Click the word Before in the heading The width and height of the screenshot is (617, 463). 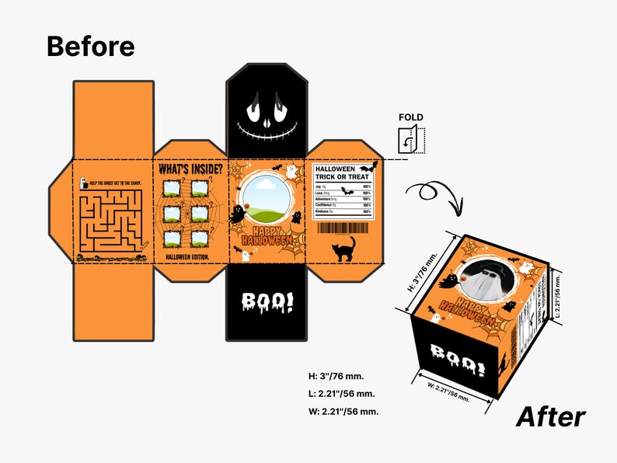90,46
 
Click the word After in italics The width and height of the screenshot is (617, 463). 550,417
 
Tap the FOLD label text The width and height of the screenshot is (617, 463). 411,118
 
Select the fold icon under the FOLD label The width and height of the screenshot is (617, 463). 410,141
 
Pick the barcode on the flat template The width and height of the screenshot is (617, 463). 343,228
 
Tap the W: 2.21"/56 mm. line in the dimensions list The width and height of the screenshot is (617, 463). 343,411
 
